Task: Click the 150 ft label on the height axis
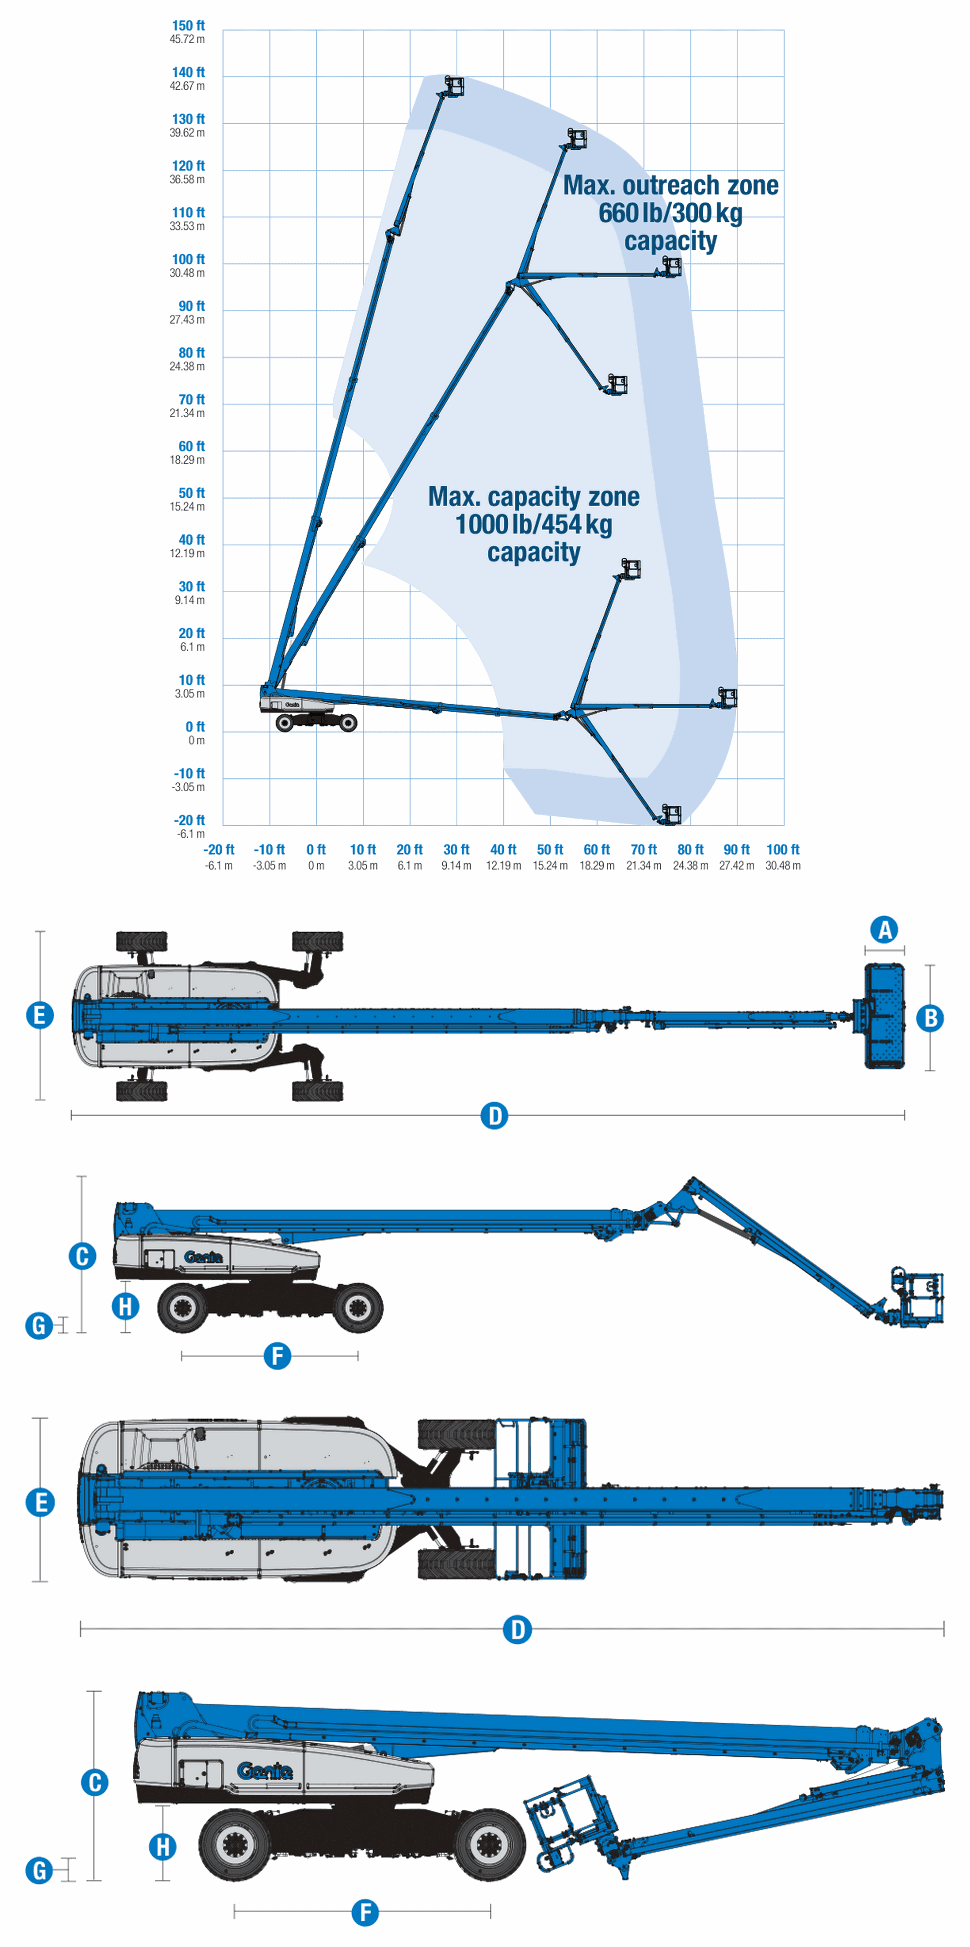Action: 188,26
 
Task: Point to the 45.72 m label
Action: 187,39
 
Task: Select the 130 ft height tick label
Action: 188,119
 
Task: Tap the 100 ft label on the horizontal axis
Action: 783,849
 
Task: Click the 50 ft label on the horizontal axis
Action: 550,849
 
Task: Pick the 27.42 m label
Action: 737,865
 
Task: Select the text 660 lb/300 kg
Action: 671,213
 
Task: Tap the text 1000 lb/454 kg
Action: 533,524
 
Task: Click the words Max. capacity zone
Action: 533,497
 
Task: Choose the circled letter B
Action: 931,1018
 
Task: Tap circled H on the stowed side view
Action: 162,1847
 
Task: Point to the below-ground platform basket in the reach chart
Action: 671,814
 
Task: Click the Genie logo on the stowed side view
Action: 264,1771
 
